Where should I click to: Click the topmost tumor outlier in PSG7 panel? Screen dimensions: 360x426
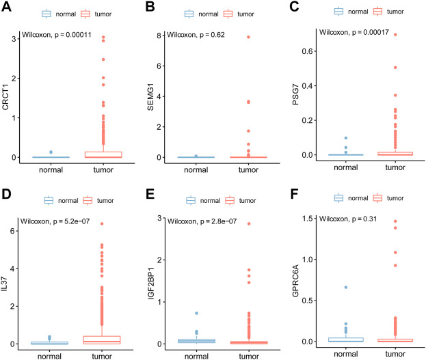(395, 35)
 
